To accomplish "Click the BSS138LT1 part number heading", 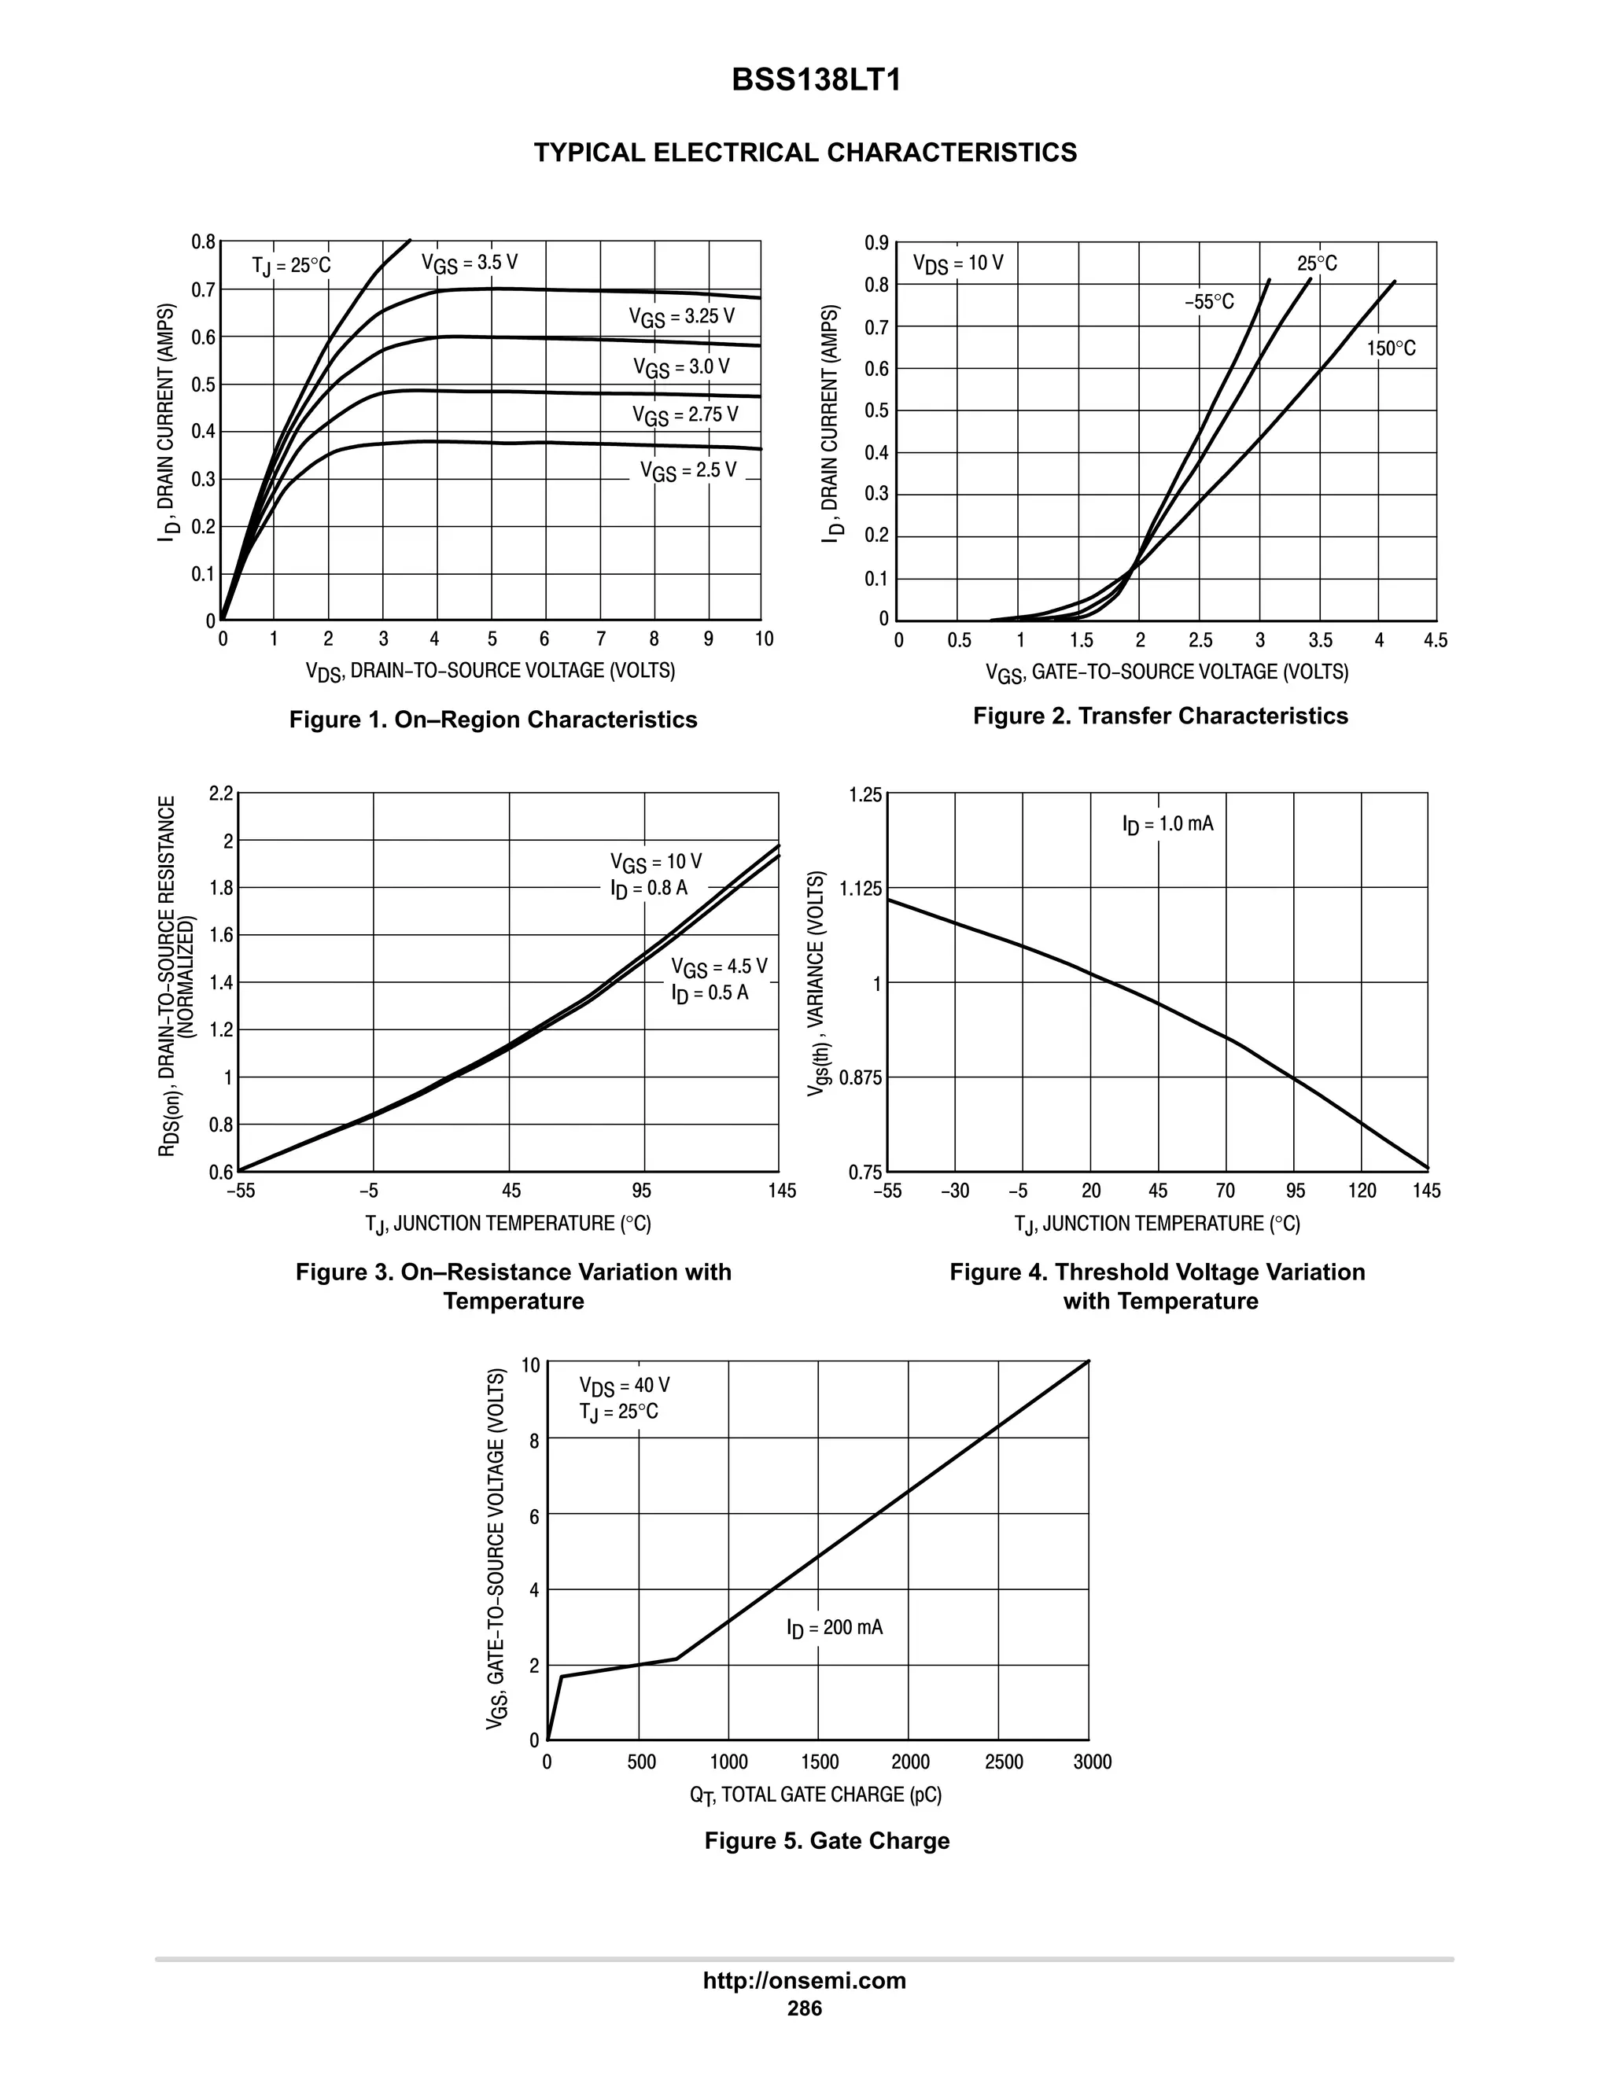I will (x=816, y=81).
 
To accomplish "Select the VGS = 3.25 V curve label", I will (x=681, y=317).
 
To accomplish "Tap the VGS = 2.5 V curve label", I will (x=688, y=470).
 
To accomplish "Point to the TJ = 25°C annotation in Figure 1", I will (x=291, y=265).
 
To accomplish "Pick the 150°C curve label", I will (x=1391, y=349).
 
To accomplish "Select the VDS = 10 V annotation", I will (x=957, y=263).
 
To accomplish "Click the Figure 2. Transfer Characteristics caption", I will (x=1159, y=716).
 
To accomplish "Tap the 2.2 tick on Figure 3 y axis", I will (x=221, y=794).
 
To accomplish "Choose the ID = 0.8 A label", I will (x=649, y=889).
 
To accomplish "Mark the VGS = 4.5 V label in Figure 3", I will (x=719, y=967).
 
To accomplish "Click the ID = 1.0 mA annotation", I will (x=1167, y=823).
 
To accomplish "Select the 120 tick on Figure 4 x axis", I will (x=1362, y=1191).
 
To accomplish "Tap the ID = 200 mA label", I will (x=834, y=1627).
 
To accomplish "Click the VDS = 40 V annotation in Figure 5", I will (x=624, y=1386).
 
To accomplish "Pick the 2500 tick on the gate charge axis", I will (x=1003, y=1762).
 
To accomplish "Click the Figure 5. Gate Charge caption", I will (x=827, y=1841).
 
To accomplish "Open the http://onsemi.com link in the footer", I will (x=804, y=1981).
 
